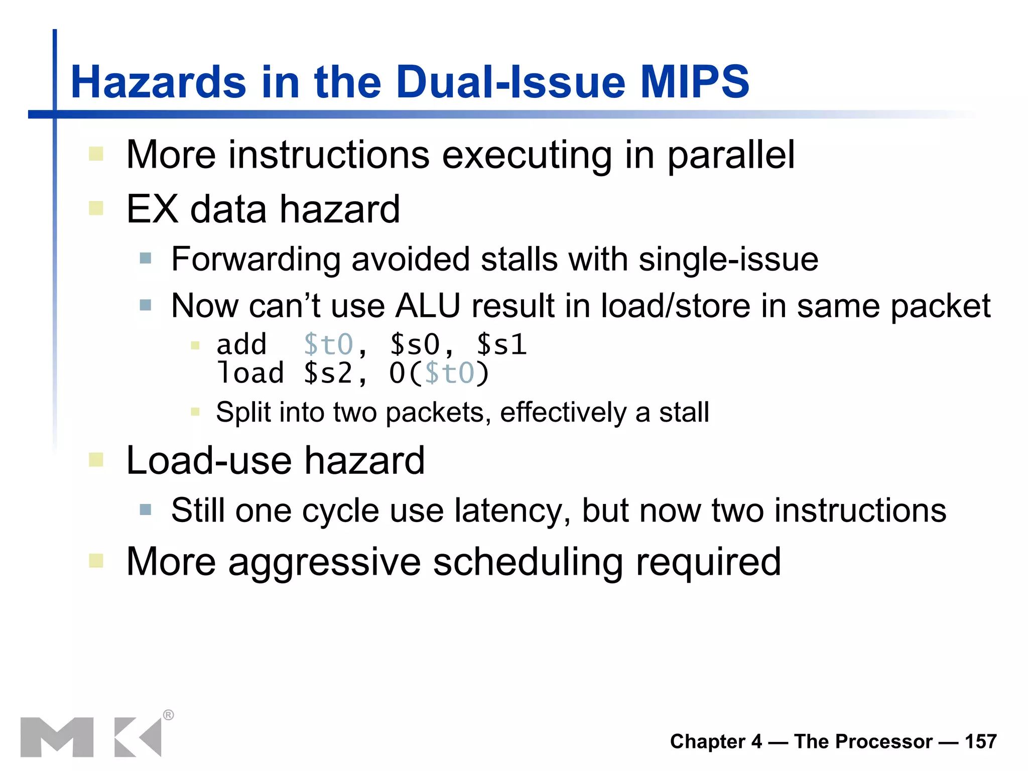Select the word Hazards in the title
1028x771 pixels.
pyautogui.click(x=159, y=82)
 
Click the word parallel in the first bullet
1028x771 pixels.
pyautogui.click(x=731, y=155)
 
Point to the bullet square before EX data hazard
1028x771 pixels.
pyautogui.click(x=96, y=208)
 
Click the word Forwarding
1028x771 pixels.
pyautogui.click(x=256, y=260)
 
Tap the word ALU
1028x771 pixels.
pyautogui.click(x=428, y=306)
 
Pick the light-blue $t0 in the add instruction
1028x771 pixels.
pyautogui.click(x=329, y=345)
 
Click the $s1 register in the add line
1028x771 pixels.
pyautogui.click(x=501, y=345)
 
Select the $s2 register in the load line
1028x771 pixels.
pyautogui.click(x=329, y=373)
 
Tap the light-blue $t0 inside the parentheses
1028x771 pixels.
pyautogui.click(x=449, y=373)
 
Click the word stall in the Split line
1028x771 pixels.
pyautogui.click(x=684, y=412)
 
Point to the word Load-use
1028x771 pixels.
pyautogui.click(x=209, y=460)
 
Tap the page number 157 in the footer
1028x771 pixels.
pyautogui.click(x=980, y=741)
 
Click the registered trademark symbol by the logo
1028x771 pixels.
pyautogui.click(x=169, y=715)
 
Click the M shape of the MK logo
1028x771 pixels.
pyautogui.click(x=57, y=737)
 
